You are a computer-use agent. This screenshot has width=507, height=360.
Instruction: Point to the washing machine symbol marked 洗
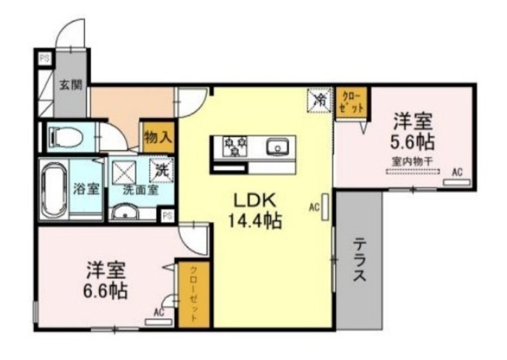[x=162, y=169]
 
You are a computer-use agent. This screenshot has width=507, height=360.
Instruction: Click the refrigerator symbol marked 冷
[x=320, y=99]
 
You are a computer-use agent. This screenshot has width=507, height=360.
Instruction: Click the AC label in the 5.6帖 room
[x=456, y=171]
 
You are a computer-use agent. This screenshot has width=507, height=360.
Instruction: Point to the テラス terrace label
[x=359, y=260]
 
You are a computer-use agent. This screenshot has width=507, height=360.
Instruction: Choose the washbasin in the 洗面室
[x=126, y=212]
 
